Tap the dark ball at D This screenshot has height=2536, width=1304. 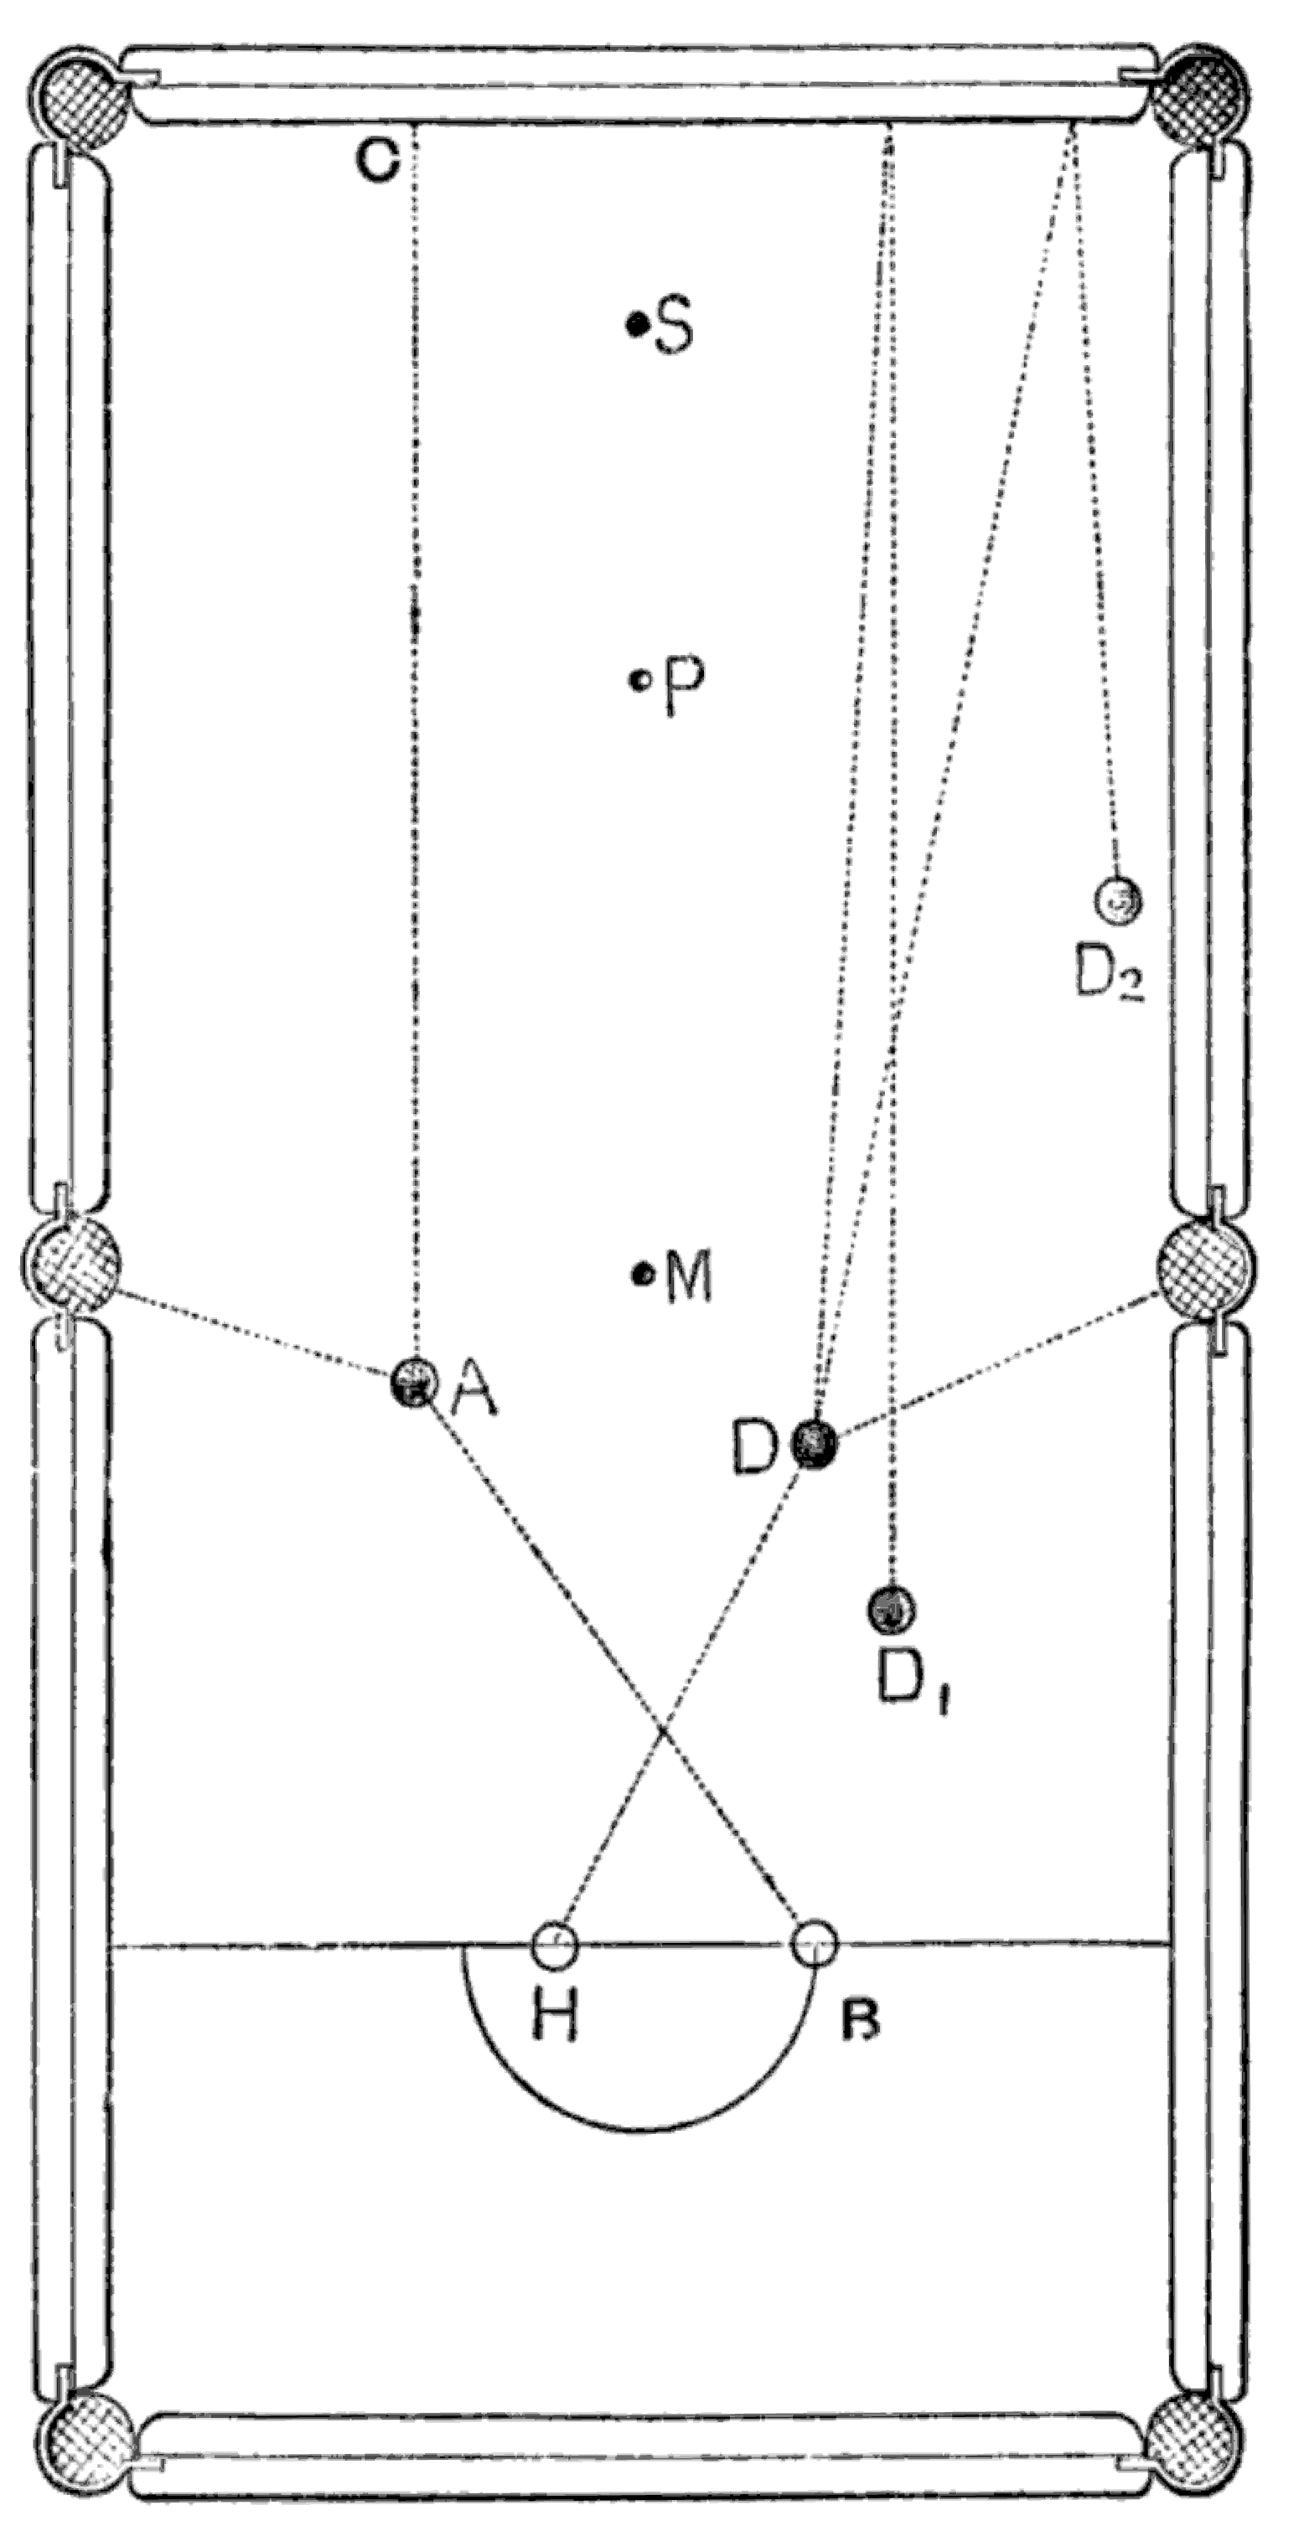(815, 1444)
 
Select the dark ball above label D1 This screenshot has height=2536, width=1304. (890, 1610)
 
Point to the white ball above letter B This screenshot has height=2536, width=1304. (815, 1945)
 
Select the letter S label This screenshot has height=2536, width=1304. (674, 327)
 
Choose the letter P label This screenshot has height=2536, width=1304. (682, 681)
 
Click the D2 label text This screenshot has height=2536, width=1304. (1107, 977)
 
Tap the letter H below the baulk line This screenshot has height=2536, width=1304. (555, 2014)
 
